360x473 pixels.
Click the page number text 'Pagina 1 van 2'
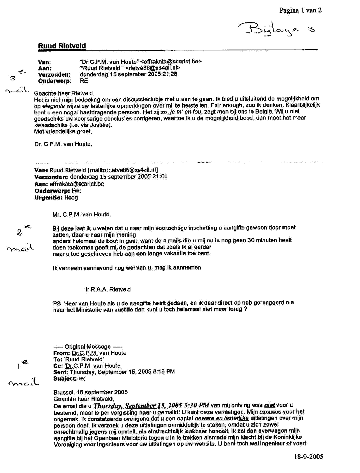(x=300, y=11)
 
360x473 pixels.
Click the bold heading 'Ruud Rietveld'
(x=62, y=46)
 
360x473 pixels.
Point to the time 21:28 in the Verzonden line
(x=170, y=74)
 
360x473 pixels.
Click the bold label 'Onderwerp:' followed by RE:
(x=55, y=80)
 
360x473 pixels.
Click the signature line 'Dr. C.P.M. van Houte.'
(x=63, y=144)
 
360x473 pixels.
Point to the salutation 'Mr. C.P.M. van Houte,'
(x=81, y=214)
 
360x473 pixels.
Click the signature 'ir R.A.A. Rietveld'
(x=108, y=289)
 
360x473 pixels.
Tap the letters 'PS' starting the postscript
(x=57, y=303)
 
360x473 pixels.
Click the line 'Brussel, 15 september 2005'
(x=90, y=392)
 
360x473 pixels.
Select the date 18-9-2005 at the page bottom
(x=307, y=457)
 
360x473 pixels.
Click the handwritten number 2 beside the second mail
(x=20, y=232)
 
